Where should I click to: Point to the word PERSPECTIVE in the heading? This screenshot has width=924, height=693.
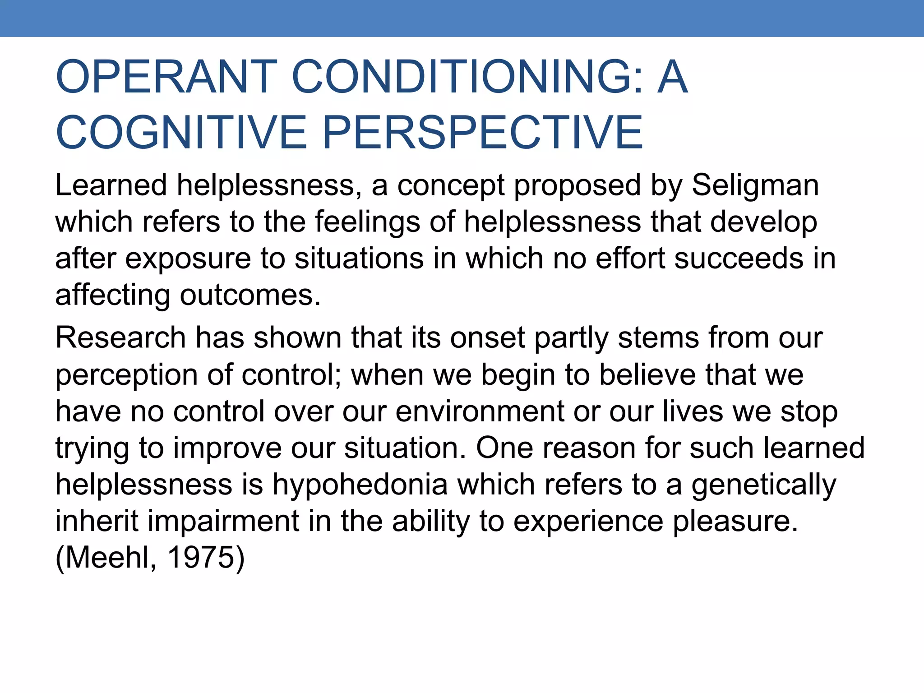[x=483, y=132]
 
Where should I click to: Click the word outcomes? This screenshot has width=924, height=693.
[x=250, y=296]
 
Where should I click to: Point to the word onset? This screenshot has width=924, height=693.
[x=487, y=338]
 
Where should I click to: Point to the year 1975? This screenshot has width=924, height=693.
[x=201, y=558]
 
